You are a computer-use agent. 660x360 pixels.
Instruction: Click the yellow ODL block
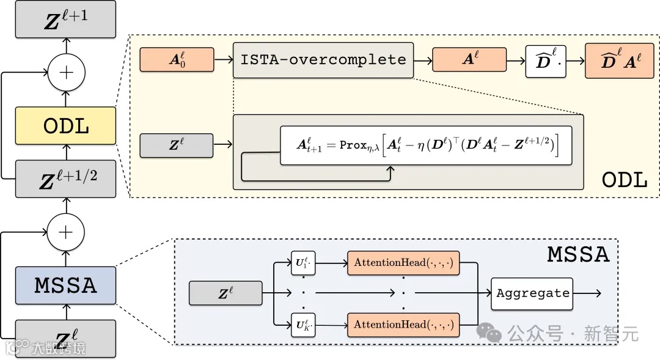[65, 125]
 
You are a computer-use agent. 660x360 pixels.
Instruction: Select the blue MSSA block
[65, 285]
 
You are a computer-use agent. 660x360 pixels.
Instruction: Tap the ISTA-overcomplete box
[323, 60]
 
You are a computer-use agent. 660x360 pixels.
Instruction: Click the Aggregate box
[532, 293]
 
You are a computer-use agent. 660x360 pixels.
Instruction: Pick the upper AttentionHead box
[403, 263]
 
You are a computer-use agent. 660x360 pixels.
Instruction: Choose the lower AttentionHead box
[403, 325]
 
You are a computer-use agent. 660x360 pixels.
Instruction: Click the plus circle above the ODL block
[67, 72]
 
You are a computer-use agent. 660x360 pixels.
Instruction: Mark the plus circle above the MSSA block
[65, 232]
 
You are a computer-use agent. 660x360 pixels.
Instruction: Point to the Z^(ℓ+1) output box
[65, 20]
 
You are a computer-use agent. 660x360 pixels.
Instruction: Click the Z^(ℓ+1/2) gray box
[65, 178]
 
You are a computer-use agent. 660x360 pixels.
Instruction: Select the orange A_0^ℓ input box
[177, 59]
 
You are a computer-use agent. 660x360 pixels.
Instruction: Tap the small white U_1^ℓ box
[303, 263]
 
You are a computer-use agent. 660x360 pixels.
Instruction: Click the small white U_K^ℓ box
[303, 325]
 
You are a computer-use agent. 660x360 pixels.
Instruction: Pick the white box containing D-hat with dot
[546, 62]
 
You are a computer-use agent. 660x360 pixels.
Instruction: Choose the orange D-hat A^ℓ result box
[619, 61]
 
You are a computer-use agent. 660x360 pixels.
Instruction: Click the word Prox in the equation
[353, 145]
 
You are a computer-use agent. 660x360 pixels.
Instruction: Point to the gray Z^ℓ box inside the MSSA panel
[226, 293]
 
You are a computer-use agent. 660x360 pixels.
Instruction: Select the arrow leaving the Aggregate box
[587, 293]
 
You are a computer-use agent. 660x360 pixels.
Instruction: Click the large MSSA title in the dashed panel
[578, 254]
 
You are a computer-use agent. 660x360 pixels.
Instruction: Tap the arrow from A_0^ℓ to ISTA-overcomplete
[224, 59]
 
